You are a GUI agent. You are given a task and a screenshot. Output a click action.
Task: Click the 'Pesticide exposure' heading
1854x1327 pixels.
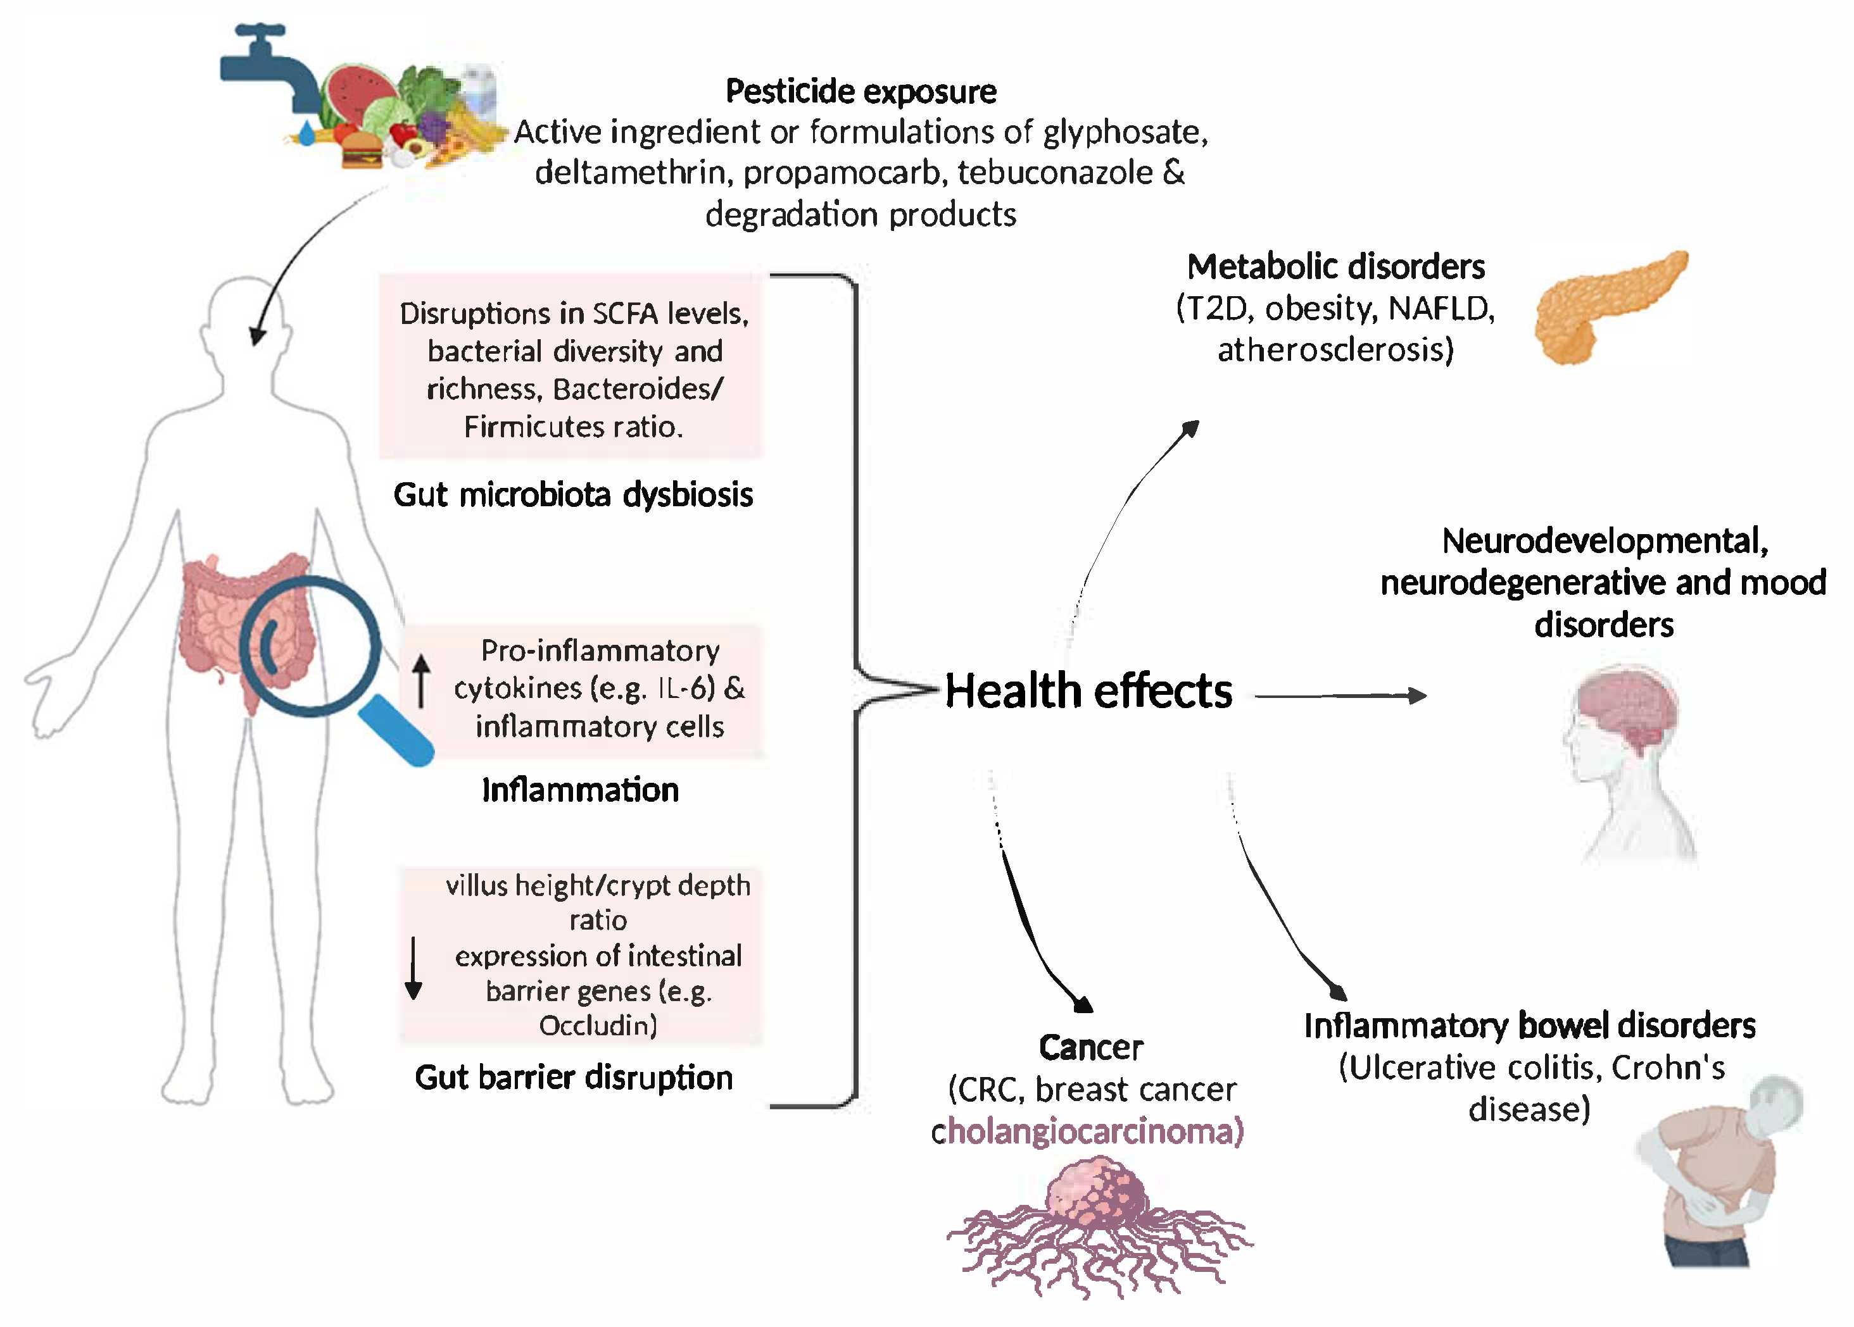861,92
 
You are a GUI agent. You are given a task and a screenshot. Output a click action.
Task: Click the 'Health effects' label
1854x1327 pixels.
1088,691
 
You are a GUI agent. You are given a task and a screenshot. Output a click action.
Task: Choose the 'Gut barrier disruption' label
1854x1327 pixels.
574,1078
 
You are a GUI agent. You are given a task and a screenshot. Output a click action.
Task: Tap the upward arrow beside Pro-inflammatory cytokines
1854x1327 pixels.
421,680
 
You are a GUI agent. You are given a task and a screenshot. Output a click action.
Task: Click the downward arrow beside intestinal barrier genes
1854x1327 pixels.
413,968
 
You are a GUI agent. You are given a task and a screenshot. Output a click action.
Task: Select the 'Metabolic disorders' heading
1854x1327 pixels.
1336,267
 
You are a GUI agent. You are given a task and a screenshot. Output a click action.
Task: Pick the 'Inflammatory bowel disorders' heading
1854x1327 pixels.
1529,1026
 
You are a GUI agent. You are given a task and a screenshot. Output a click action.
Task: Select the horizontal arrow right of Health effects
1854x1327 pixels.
1340,696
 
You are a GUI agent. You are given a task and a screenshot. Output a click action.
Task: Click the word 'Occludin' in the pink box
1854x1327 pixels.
596,1026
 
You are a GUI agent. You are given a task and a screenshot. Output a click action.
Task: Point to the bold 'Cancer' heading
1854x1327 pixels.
1090,1047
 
